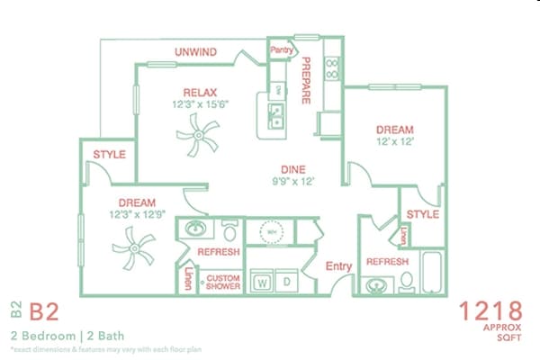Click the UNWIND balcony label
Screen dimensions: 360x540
tap(195, 51)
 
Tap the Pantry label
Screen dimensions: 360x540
tap(283, 50)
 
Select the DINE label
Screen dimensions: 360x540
tap(292, 168)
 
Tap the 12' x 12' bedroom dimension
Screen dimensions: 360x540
tap(393, 141)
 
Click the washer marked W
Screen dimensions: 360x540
tap(263, 281)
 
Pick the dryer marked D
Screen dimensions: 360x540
tap(286, 281)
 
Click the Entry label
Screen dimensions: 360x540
tap(338, 265)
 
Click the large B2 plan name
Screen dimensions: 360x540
tap(45, 312)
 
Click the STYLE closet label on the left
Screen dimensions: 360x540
tap(109, 155)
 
